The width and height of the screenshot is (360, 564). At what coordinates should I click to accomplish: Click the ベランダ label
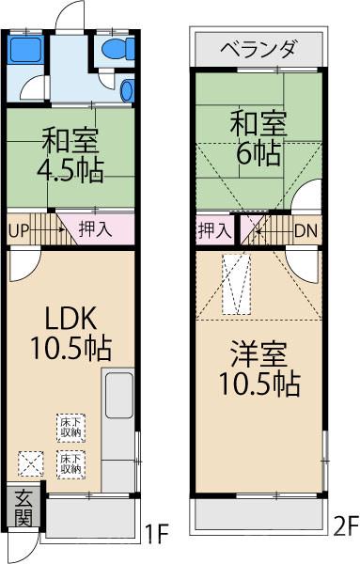pos(259,48)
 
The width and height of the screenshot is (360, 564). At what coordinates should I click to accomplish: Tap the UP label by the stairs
pos(19,227)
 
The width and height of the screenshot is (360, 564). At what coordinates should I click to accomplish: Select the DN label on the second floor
pos(305,228)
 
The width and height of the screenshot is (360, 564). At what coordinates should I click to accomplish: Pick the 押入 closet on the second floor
pos(214,228)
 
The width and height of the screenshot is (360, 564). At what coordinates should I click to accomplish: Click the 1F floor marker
pos(155,536)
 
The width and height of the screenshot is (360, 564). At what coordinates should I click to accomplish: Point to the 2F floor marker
pos(345,524)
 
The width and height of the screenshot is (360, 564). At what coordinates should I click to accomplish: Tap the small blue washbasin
pos(129,90)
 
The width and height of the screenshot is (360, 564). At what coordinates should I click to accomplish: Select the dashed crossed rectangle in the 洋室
pos(235,285)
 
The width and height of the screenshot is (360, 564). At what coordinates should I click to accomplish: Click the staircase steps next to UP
pos(51,227)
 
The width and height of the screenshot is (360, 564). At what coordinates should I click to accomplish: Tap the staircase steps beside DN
pos(262,228)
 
